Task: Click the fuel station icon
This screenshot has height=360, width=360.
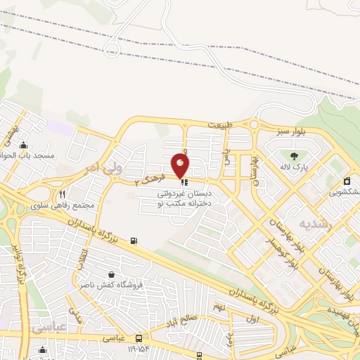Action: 134,243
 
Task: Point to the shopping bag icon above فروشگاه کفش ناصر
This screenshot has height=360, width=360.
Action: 110,274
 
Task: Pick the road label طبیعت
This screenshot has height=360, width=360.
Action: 219,125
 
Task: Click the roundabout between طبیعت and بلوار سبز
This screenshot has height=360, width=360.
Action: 254,126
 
